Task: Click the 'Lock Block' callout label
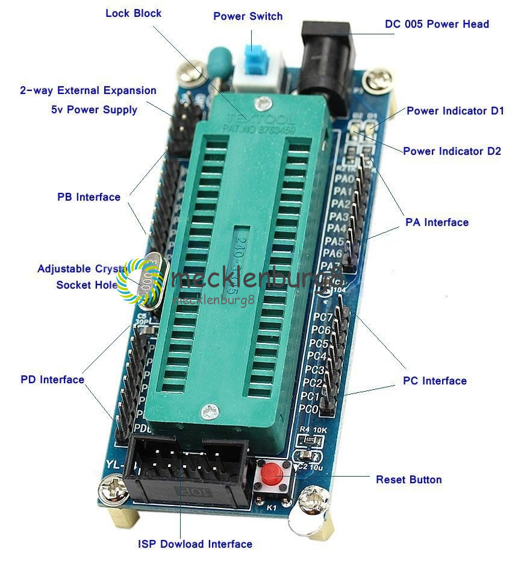tap(133, 13)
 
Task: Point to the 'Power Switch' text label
tap(248, 16)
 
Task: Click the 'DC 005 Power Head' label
tap(437, 24)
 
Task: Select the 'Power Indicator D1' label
tap(455, 111)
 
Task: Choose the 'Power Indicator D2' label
tap(452, 151)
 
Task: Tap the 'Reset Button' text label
tap(408, 480)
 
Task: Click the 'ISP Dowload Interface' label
tap(195, 544)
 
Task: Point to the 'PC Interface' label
tap(434, 381)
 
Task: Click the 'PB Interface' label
tap(89, 197)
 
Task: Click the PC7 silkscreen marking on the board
tap(323, 318)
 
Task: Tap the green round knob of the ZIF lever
tap(217, 61)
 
